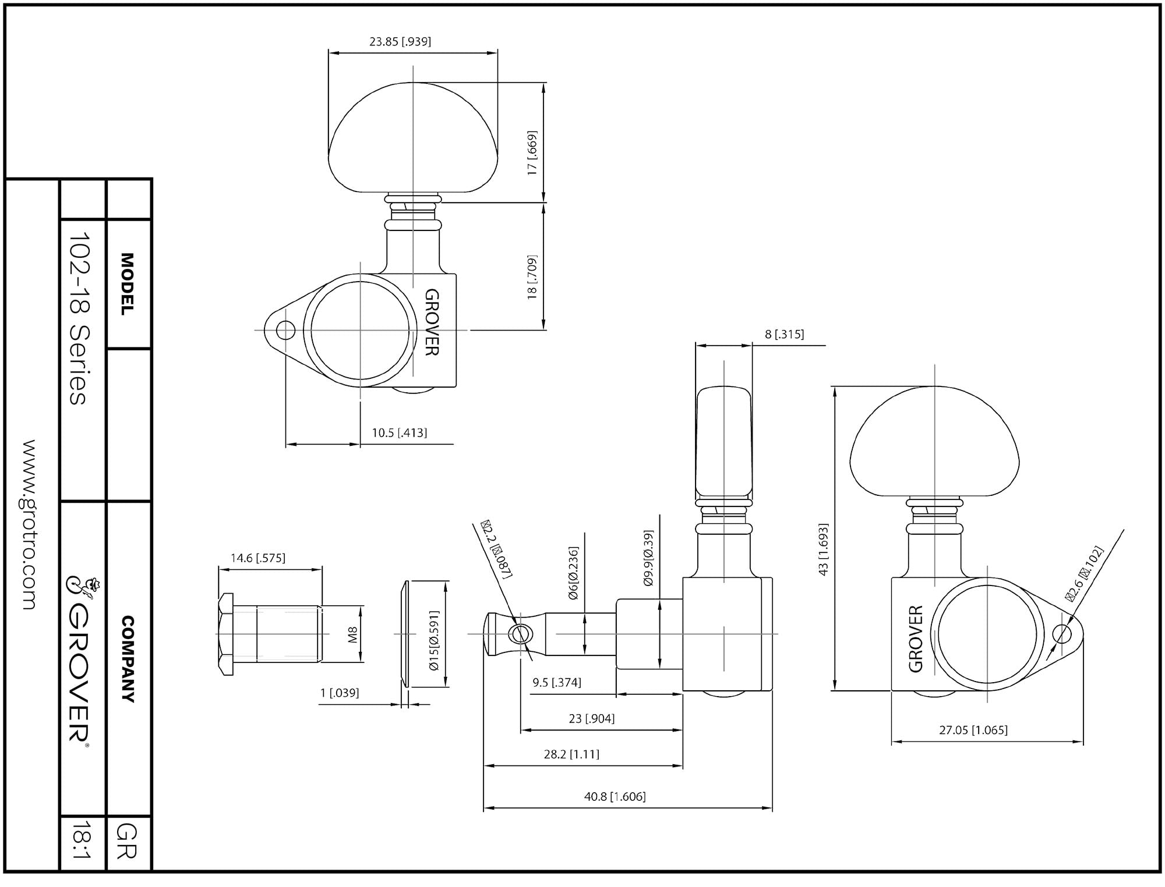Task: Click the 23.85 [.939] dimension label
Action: click(400, 41)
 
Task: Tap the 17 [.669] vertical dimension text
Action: click(532, 153)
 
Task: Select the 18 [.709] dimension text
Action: click(532, 277)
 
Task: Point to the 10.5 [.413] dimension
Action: click(400, 432)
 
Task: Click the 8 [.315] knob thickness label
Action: click(784, 334)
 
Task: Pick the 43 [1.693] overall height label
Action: click(823, 549)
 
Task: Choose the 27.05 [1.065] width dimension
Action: click(973, 730)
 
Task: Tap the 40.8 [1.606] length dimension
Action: click(615, 796)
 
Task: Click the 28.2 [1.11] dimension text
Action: click(571, 754)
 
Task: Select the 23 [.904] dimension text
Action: click(592, 719)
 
